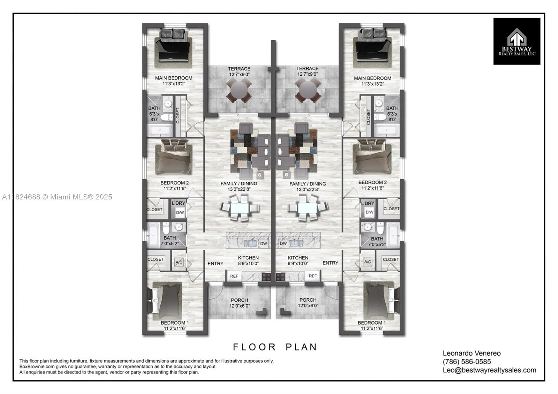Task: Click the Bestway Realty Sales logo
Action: pyautogui.click(x=516, y=41)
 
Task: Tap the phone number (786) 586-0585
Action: pyautogui.click(x=467, y=362)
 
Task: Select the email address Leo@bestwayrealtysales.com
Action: pyautogui.click(x=489, y=370)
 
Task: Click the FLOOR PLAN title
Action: pyautogui.click(x=275, y=347)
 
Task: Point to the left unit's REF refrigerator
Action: pyautogui.click(x=234, y=276)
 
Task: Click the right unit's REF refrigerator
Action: pyautogui.click(x=312, y=276)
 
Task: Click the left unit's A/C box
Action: pyautogui.click(x=179, y=262)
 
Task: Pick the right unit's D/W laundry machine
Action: pyautogui.click(x=369, y=212)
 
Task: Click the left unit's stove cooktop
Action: pyautogui.click(x=266, y=276)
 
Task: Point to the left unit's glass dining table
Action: pyautogui.click(x=239, y=208)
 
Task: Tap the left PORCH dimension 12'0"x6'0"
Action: pyautogui.click(x=239, y=306)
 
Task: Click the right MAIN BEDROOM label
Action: pyautogui.click(x=372, y=78)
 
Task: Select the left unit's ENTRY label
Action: pyautogui.click(x=216, y=264)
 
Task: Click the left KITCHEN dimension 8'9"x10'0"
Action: pyautogui.click(x=248, y=264)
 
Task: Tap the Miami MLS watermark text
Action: pyautogui.click(x=57, y=197)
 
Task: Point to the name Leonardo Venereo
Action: pyautogui.click(x=472, y=353)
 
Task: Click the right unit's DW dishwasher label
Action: pyautogui.click(x=283, y=244)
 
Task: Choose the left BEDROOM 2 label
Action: pyautogui.click(x=174, y=183)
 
